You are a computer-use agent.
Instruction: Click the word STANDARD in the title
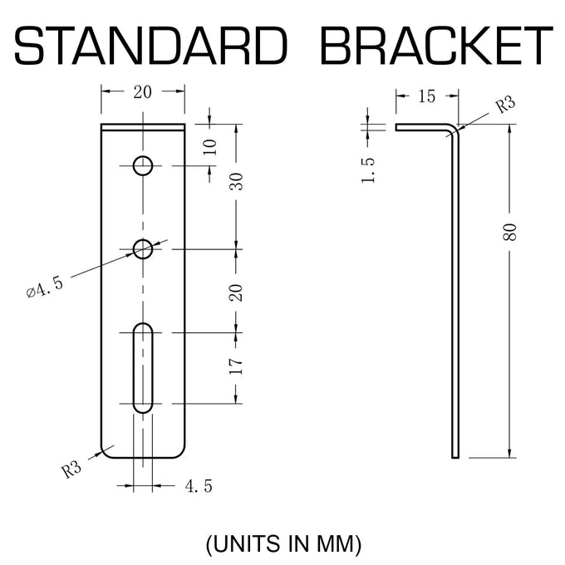pos(151,46)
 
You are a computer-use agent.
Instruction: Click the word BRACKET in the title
pos(436,46)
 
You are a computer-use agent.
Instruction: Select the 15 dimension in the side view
pos(426,96)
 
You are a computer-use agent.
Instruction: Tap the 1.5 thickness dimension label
pos(368,170)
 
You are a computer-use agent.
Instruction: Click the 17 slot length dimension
pos(236,366)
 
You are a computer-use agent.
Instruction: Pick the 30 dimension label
pos(236,182)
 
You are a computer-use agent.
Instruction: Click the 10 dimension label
pos(209,147)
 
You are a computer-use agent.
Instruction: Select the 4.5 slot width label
pos(199,486)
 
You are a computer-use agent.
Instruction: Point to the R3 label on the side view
pos(505,105)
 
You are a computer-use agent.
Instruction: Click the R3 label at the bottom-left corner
pos(71,470)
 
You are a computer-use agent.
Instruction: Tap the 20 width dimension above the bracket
pos(142,92)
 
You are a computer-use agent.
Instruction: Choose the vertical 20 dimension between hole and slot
pos(236,292)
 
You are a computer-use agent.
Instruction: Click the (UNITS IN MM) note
pos(283,543)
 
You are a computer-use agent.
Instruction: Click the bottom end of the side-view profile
pos(455,458)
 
